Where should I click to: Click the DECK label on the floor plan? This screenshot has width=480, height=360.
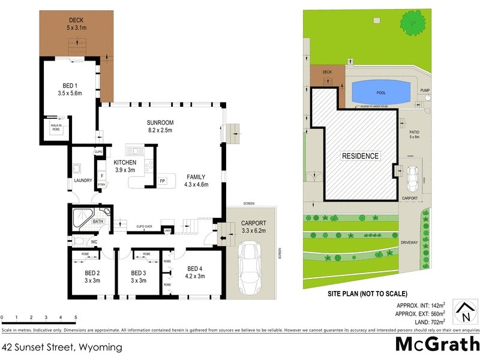click(76, 20)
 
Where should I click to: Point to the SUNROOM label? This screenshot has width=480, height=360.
click(160, 122)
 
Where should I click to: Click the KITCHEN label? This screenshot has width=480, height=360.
click(125, 163)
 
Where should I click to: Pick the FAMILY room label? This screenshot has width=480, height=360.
click(196, 177)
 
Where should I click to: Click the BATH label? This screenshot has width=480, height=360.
click(98, 222)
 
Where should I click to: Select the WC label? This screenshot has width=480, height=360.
click(94, 242)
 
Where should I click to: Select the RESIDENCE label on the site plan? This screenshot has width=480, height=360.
click(361, 157)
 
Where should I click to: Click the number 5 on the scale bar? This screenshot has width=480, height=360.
click(76, 317)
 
